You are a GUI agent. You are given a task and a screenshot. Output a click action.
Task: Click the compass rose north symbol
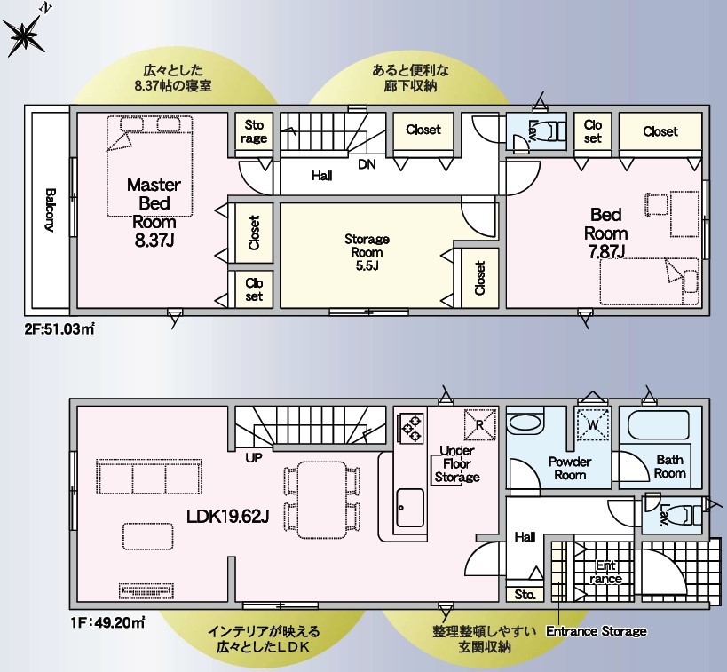click(x=26, y=34)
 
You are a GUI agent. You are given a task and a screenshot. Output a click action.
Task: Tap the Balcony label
click(x=50, y=210)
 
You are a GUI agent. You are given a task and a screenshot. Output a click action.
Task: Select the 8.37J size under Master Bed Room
click(x=154, y=241)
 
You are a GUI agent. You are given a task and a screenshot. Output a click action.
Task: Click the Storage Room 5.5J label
click(x=367, y=252)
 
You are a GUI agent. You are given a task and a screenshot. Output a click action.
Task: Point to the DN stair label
click(x=367, y=164)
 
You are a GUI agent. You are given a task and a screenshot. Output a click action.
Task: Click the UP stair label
click(x=254, y=458)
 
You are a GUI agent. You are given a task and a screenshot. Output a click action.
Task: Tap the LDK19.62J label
click(x=227, y=516)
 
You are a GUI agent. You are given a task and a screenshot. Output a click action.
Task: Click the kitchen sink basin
click(x=410, y=508)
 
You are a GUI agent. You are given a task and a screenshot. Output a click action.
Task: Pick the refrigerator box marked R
click(x=479, y=424)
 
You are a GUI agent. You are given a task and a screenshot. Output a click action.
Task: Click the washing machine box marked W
click(x=592, y=424)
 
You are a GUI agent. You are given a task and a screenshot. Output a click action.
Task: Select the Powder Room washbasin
click(x=525, y=423)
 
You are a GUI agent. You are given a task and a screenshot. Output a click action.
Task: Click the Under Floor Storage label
click(x=456, y=463)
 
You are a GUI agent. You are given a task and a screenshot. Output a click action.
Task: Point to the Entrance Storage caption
click(x=597, y=631)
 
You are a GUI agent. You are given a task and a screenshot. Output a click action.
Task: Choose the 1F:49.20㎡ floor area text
click(x=108, y=622)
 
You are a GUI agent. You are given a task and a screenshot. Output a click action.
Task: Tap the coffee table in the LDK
click(x=148, y=536)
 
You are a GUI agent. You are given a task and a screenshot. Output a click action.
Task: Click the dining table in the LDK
click(x=321, y=500)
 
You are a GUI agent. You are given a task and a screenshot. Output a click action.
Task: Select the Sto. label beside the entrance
click(x=525, y=594)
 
